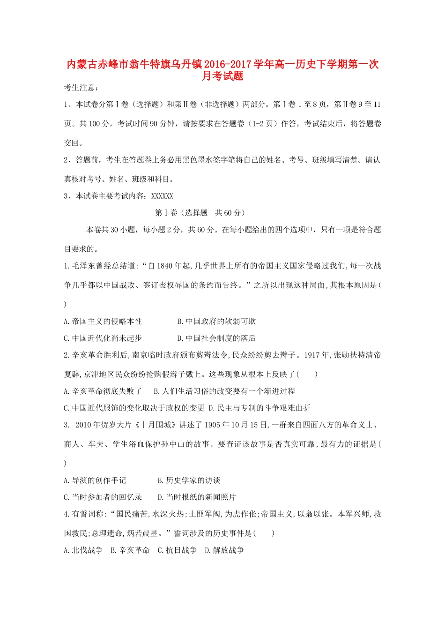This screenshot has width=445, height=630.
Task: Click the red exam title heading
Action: (222, 70)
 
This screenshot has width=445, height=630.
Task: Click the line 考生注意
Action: (82, 87)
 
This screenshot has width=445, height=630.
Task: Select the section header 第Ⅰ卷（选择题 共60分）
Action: (200, 213)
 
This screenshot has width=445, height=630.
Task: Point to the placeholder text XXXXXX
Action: (162, 196)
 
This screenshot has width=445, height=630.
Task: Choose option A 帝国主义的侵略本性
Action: (103, 321)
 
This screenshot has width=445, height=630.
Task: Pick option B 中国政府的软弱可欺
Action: (216, 321)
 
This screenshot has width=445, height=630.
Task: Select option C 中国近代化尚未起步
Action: (103, 338)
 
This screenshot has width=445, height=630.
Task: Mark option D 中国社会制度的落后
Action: (216, 338)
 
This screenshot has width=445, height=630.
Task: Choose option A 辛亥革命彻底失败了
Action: (103, 391)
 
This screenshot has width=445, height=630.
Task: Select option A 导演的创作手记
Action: (95, 480)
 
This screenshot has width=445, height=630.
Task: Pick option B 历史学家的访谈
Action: (189, 480)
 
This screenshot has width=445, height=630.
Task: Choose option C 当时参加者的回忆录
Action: (103, 497)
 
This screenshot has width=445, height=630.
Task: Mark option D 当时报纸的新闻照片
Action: (197, 497)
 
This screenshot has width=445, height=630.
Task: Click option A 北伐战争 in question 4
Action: (83, 550)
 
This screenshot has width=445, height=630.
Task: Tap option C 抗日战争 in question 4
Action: (177, 550)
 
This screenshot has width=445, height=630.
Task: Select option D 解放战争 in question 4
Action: (224, 550)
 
